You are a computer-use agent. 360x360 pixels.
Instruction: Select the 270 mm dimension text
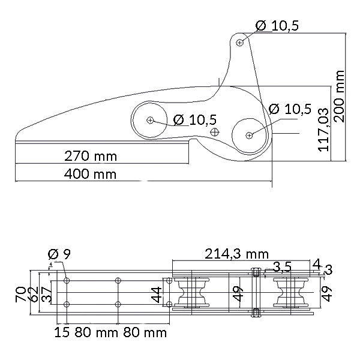tap(91, 157)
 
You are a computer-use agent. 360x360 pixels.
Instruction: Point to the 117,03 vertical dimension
tap(323, 129)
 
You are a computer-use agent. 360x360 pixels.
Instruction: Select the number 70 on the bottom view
tap(20, 293)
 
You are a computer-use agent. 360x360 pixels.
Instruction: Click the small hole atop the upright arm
tap(240, 42)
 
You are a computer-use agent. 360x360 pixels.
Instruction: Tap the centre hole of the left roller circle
tap(149, 120)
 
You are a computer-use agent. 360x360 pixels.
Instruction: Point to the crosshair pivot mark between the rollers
tap(215, 131)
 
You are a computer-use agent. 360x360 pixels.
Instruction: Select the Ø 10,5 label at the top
tap(277, 25)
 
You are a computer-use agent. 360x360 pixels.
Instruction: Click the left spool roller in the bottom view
tap(193, 293)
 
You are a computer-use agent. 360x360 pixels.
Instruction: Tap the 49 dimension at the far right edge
tap(326, 293)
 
